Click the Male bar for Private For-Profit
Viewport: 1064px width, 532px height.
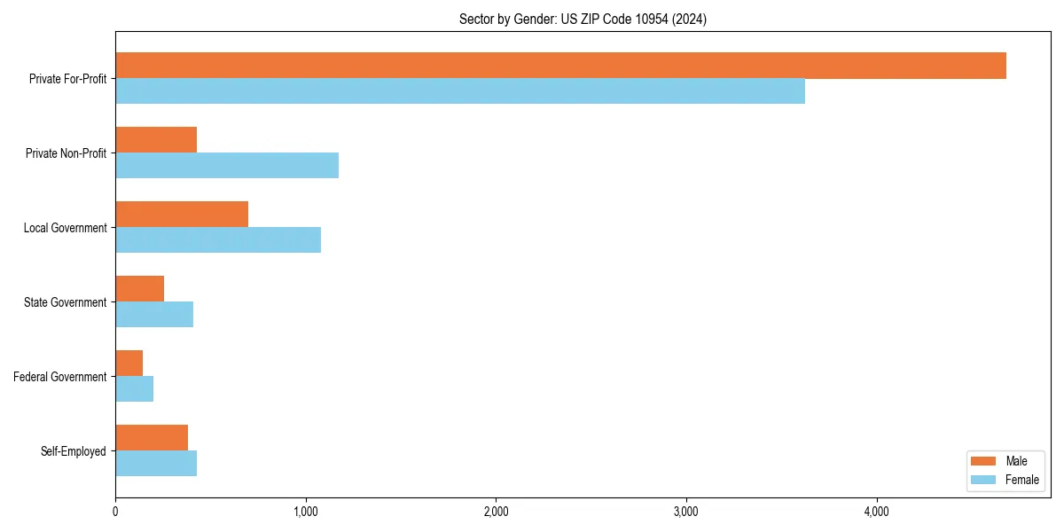(560, 66)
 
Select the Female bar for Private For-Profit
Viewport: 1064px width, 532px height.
(460, 91)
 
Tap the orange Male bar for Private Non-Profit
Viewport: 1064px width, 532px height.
(156, 140)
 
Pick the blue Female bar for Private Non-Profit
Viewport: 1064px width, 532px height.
(227, 166)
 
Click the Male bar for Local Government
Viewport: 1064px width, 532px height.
(182, 215)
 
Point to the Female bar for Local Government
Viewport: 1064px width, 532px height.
(218, 240)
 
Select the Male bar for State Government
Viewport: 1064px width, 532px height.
(140, 289)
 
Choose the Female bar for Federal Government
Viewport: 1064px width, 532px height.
(135, 389)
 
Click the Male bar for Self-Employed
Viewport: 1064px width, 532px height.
(152, 438)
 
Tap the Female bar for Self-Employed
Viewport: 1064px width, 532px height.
(156, 464)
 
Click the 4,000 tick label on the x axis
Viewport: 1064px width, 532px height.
(876, 512)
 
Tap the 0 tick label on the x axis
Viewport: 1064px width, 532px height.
(115, 512)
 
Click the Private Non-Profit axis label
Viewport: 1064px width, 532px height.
(66, 153)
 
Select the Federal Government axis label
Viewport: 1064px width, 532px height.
(60, 377)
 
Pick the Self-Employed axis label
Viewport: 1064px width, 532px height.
(74, 451)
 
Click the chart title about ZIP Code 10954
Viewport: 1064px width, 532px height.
(583, 19)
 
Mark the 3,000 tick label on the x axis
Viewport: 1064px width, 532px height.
(686, 512)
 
